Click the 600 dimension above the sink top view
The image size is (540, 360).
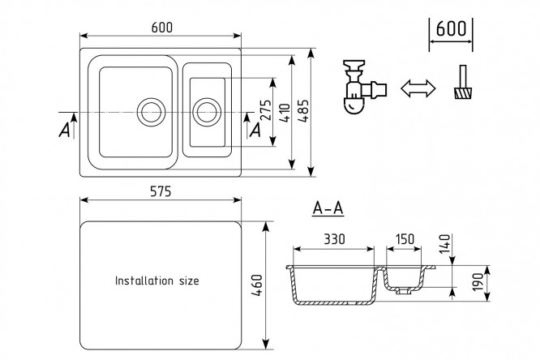pyautogui.click(x=162, y=28)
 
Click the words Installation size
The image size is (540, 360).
pyautogui.click(x=156, y=281)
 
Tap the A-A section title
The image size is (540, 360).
pyautogui.click(x=328, y=209)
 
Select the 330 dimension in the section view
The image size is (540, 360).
pyautogui.click(x=333, y=239)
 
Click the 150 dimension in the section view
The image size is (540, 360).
pyautogui.click(x=405, y=239)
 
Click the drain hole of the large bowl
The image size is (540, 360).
pyautogui.click(x=151, y=111)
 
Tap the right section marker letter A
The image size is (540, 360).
pyautogui.click(x=255, y=127)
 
